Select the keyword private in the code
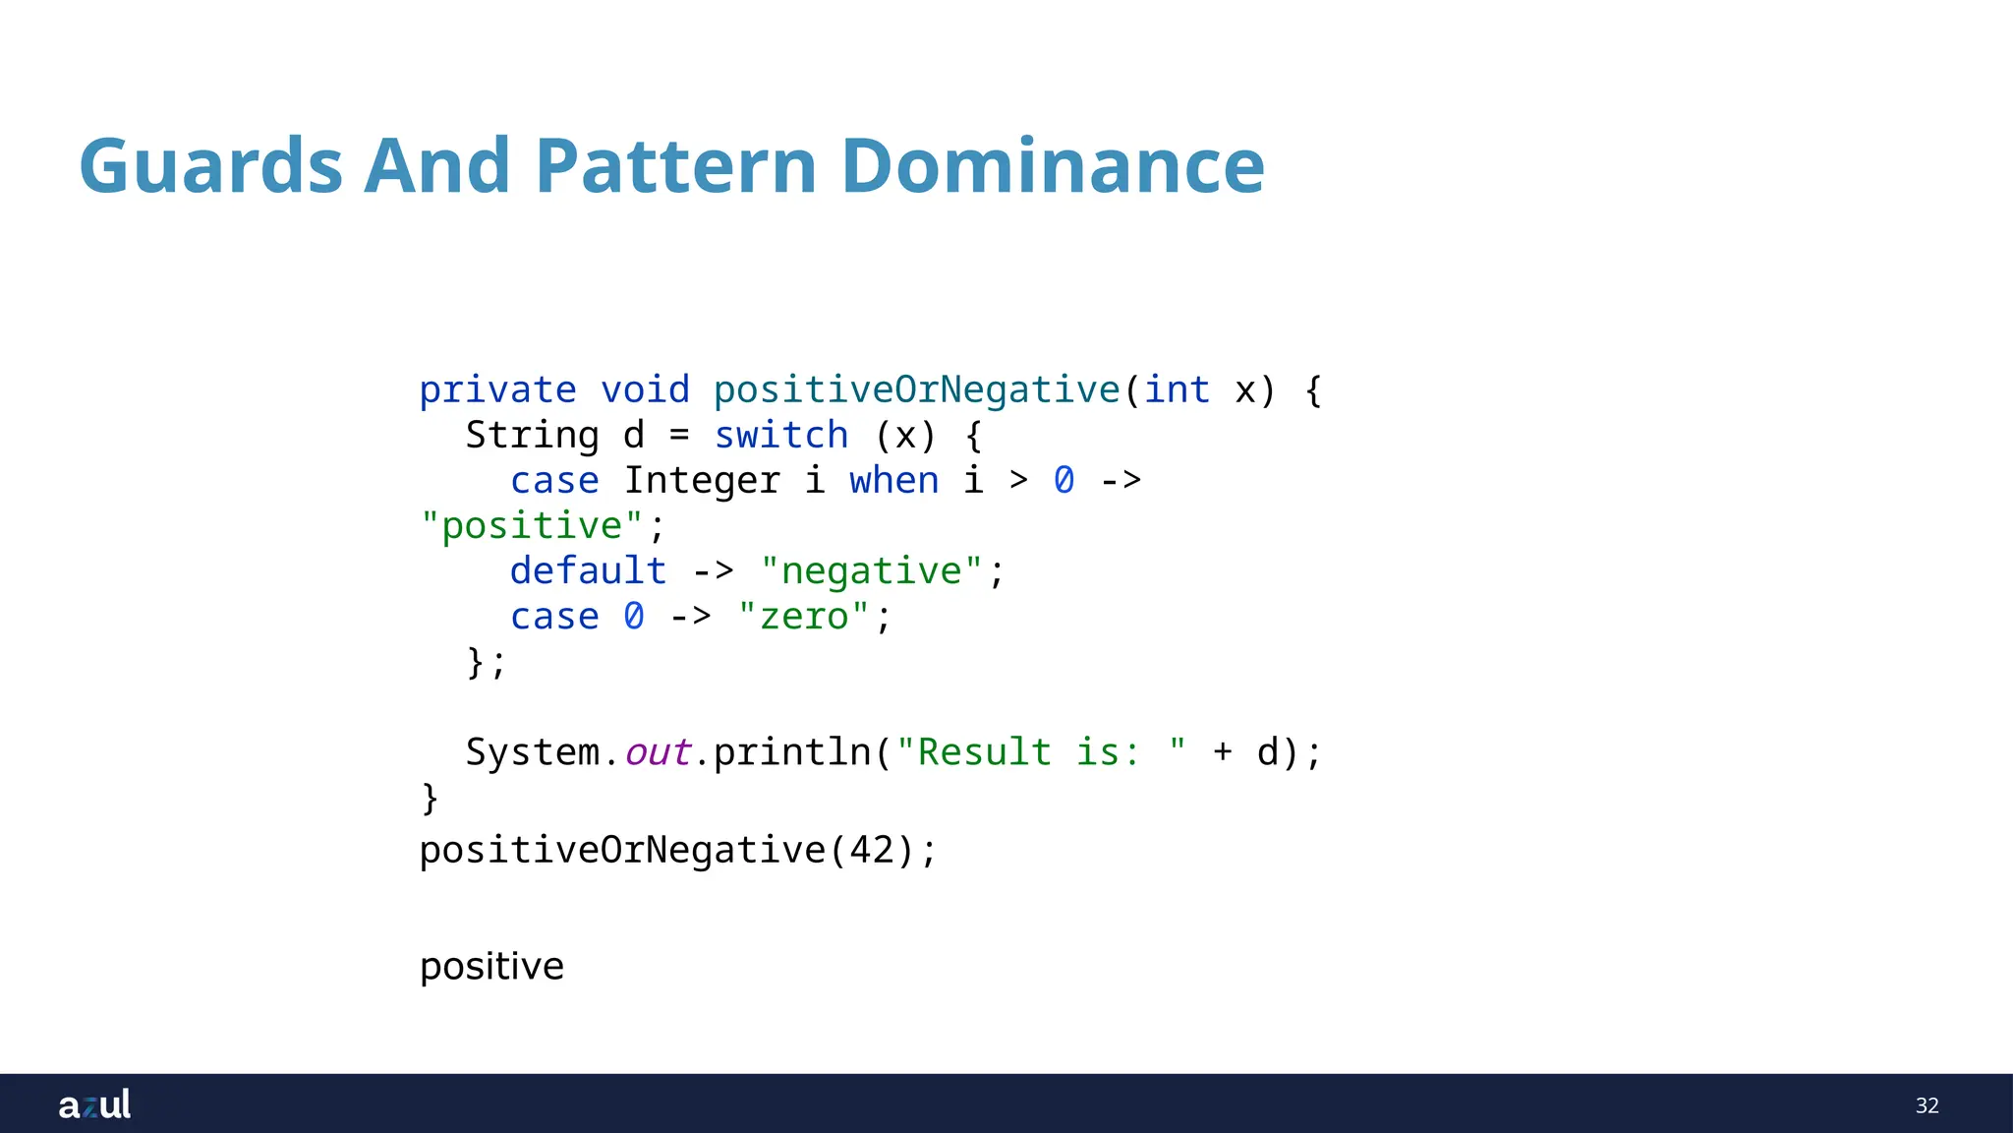pyautogui.click(x=497, y=390)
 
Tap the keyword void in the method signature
pyautogui.click(x=645, y=390)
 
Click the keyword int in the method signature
pyautogui.click(x=1177, y=390)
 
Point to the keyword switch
pyautogui.click(x=780, y=436)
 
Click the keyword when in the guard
pyautogui.click(x=893, y=481)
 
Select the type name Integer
pyautogui.click(x=702, y=481)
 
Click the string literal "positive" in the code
pyautogui.click(x=532, y=526)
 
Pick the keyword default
pyautogui.click(x=588, y=571)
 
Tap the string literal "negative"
pyautogui.click(x=871, y=571)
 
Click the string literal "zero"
pyautogui.click(x=804, y=617)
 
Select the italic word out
pyautogui.click(x=658, y=752)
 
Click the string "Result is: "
pyautogui.click(x=1041, y=752)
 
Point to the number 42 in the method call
pyautogui.click(x=871, y=851)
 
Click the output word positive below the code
pyautogui.click(x=491, y=967)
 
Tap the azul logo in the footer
pyautogui.click(x=94, y=1104)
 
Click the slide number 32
pyautogui.click(x=1927, y=1105)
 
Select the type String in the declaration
pyautogui.click(x=532, y=436)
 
